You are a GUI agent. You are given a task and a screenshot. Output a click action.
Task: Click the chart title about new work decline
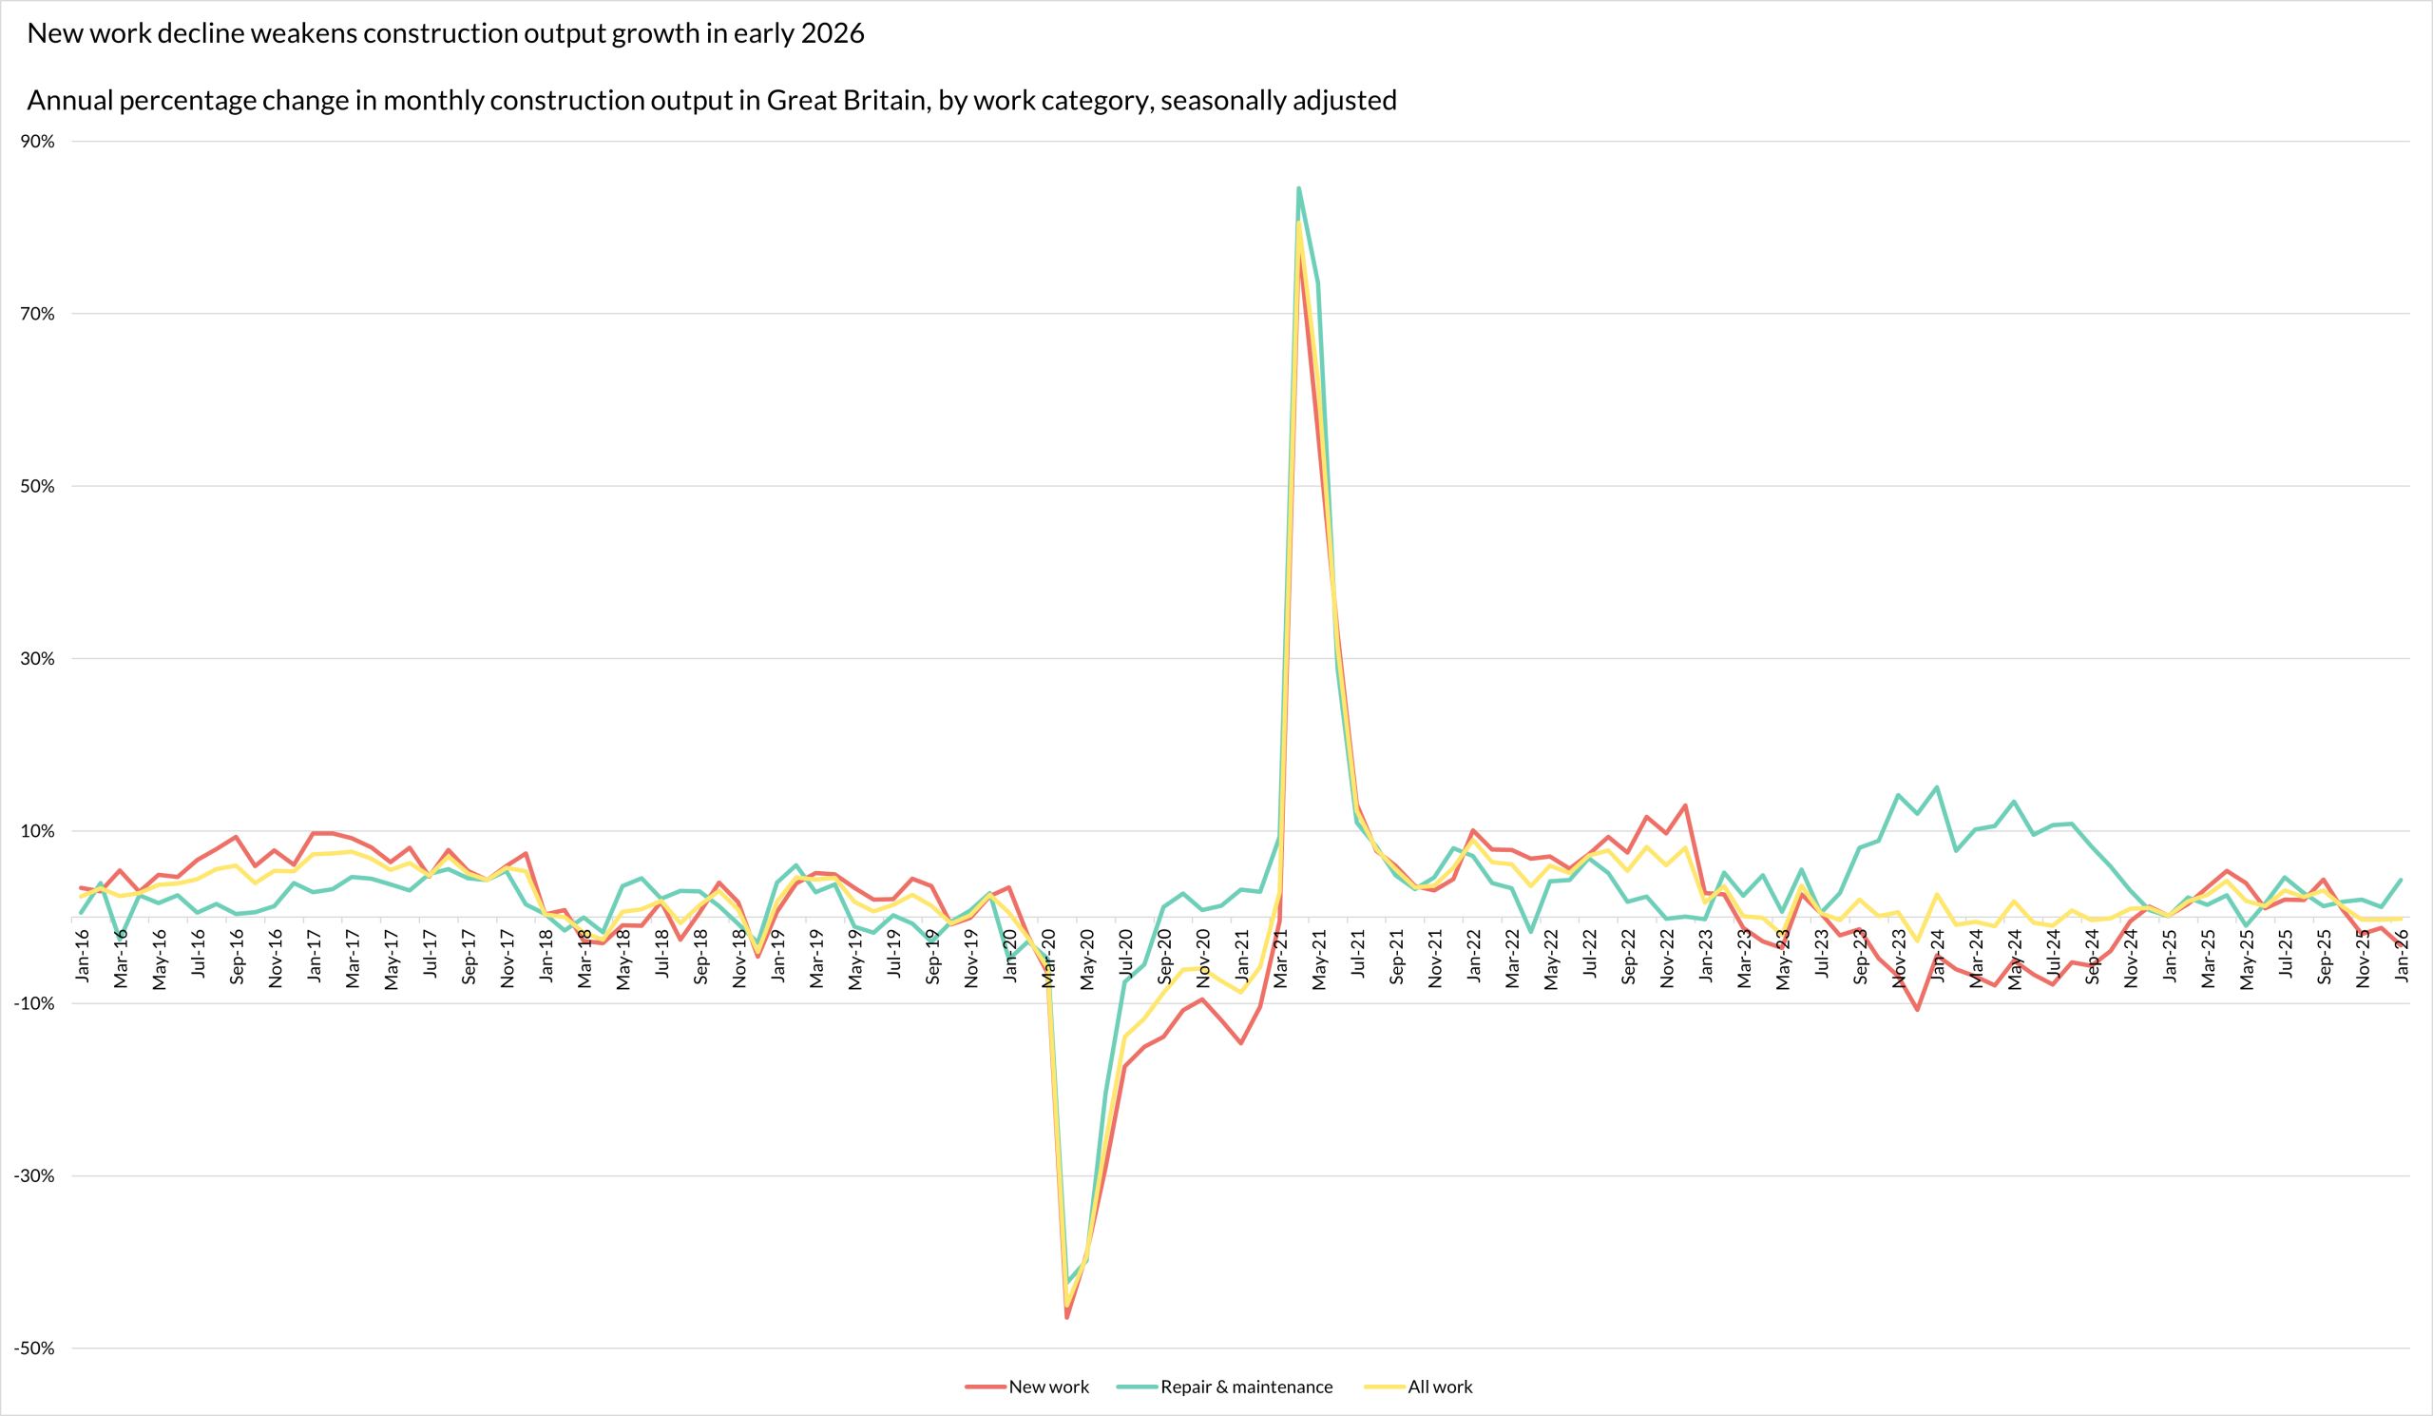point(445,34)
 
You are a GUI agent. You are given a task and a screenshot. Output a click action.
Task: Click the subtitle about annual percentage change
point(712,101)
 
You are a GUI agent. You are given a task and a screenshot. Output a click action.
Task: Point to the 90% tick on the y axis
point(38,142)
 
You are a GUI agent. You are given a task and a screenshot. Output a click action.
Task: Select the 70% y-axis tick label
point(38,314)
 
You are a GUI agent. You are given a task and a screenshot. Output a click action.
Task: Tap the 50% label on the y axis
point(38,487)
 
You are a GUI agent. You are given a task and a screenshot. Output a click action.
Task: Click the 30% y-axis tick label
point(38,659)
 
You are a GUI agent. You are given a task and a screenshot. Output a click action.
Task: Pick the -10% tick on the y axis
point(35,1003)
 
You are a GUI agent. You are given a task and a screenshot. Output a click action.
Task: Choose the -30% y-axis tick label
point(35,1176)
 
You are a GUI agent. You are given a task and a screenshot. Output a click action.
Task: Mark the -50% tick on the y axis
point(35,1348)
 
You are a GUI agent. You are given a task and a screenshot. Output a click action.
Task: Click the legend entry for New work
point(1047,1387)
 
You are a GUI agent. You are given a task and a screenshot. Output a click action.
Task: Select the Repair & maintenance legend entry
point(1245,1387)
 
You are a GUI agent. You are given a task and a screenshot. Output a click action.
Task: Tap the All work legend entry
point(1440,1387)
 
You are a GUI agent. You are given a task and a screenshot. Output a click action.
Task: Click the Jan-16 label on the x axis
point(83,957)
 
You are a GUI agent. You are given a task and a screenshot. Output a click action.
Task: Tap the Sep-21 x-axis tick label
point(1397,958)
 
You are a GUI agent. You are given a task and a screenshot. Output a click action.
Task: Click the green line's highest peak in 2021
point(1298,188)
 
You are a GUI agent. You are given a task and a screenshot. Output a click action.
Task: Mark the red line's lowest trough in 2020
point(1067,1317)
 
